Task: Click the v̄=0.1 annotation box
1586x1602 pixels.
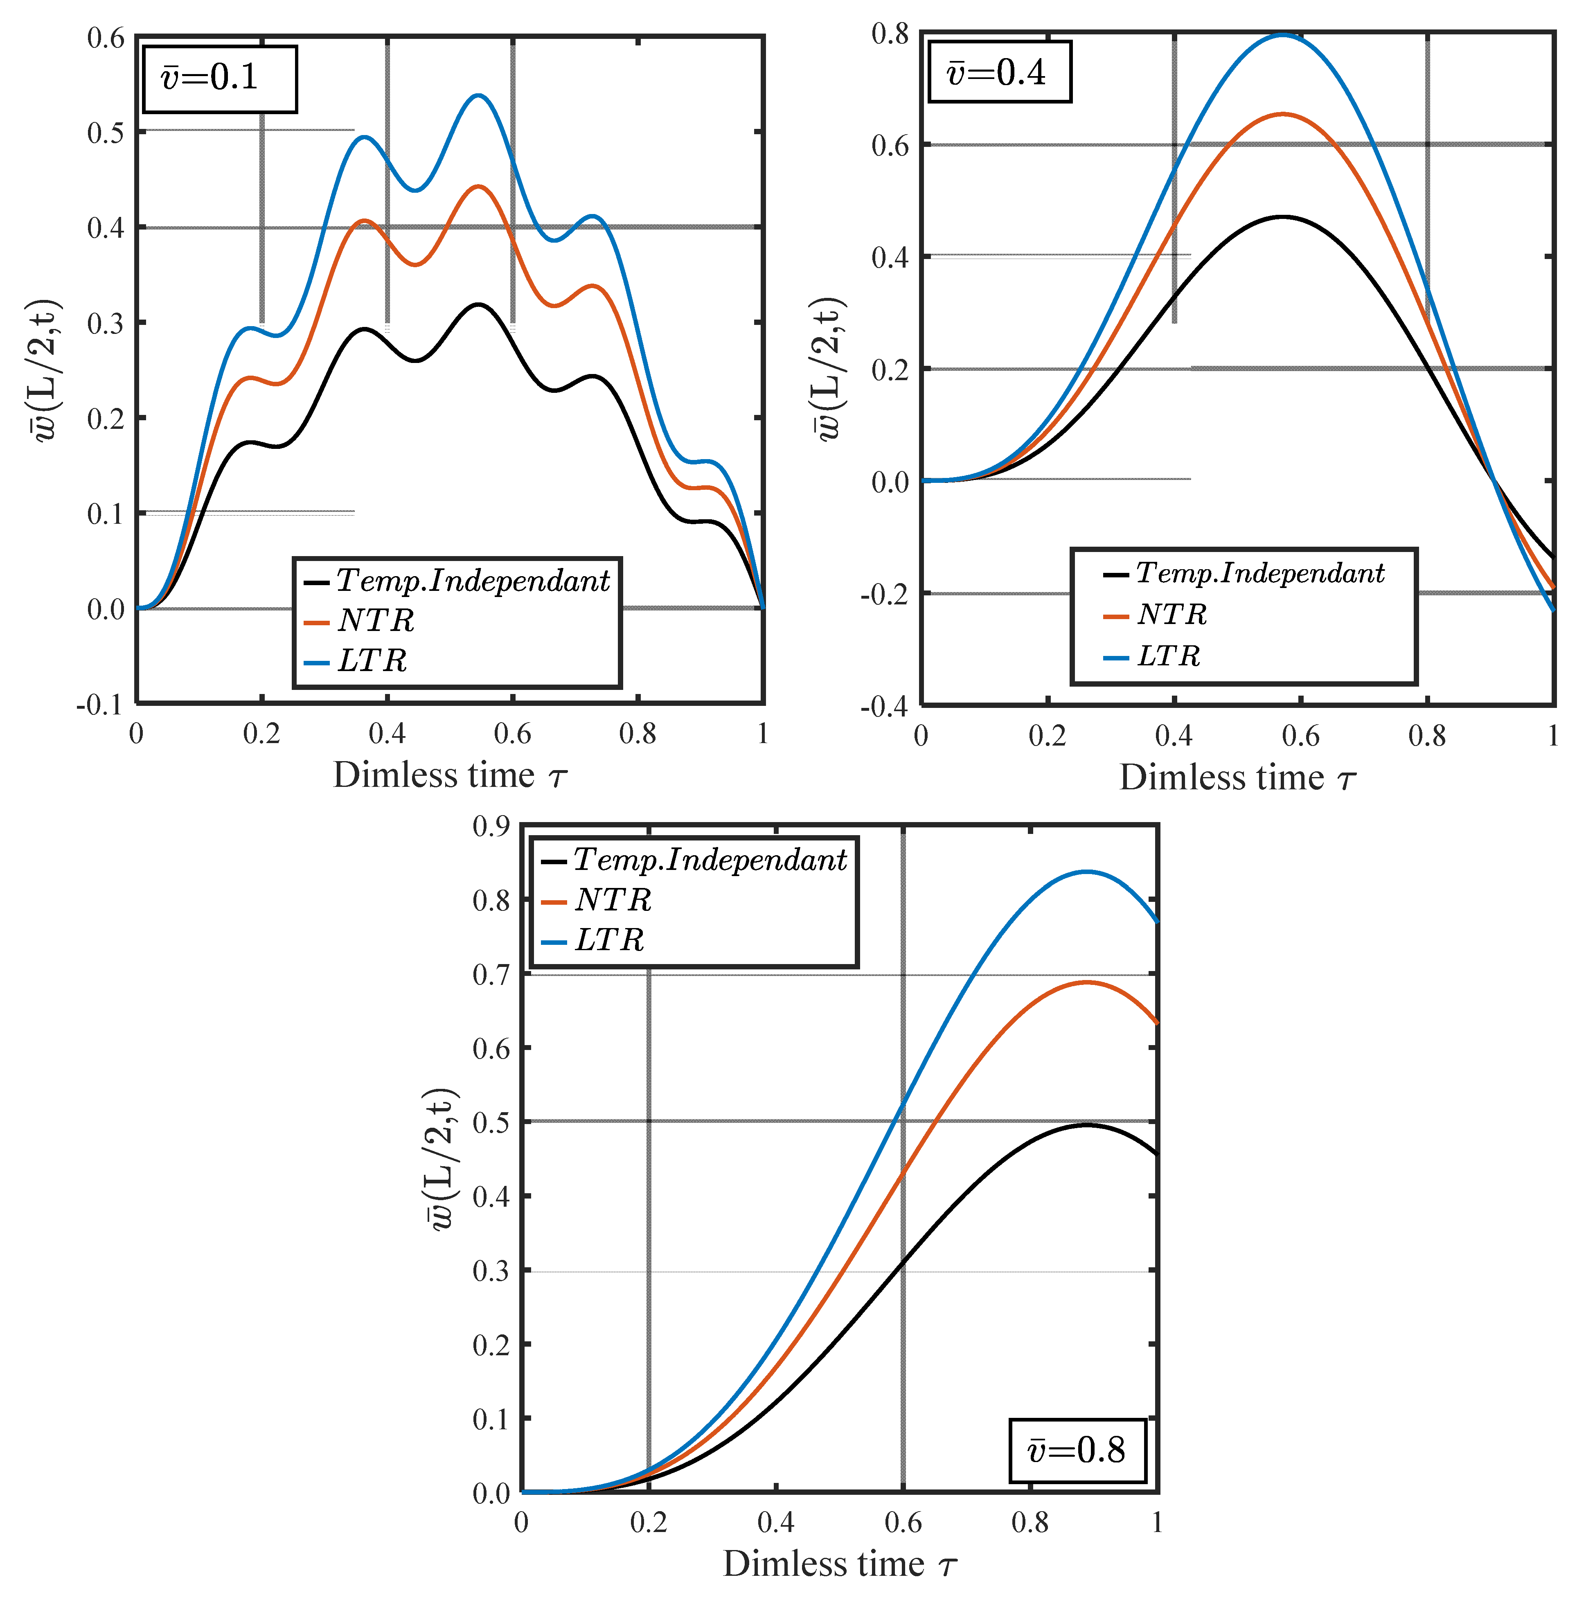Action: [220, 79]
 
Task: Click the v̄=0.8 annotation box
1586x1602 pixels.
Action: [1077, 1450]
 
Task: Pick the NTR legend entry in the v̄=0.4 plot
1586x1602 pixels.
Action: [1171, 615]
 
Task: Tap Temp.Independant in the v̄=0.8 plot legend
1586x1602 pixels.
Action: [710, 860]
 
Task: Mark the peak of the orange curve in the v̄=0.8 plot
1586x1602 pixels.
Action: [1086, 982]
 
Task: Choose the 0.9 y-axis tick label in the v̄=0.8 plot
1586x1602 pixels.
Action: [491, 827]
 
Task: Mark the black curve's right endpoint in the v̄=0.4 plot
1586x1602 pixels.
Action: [1552, 557]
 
